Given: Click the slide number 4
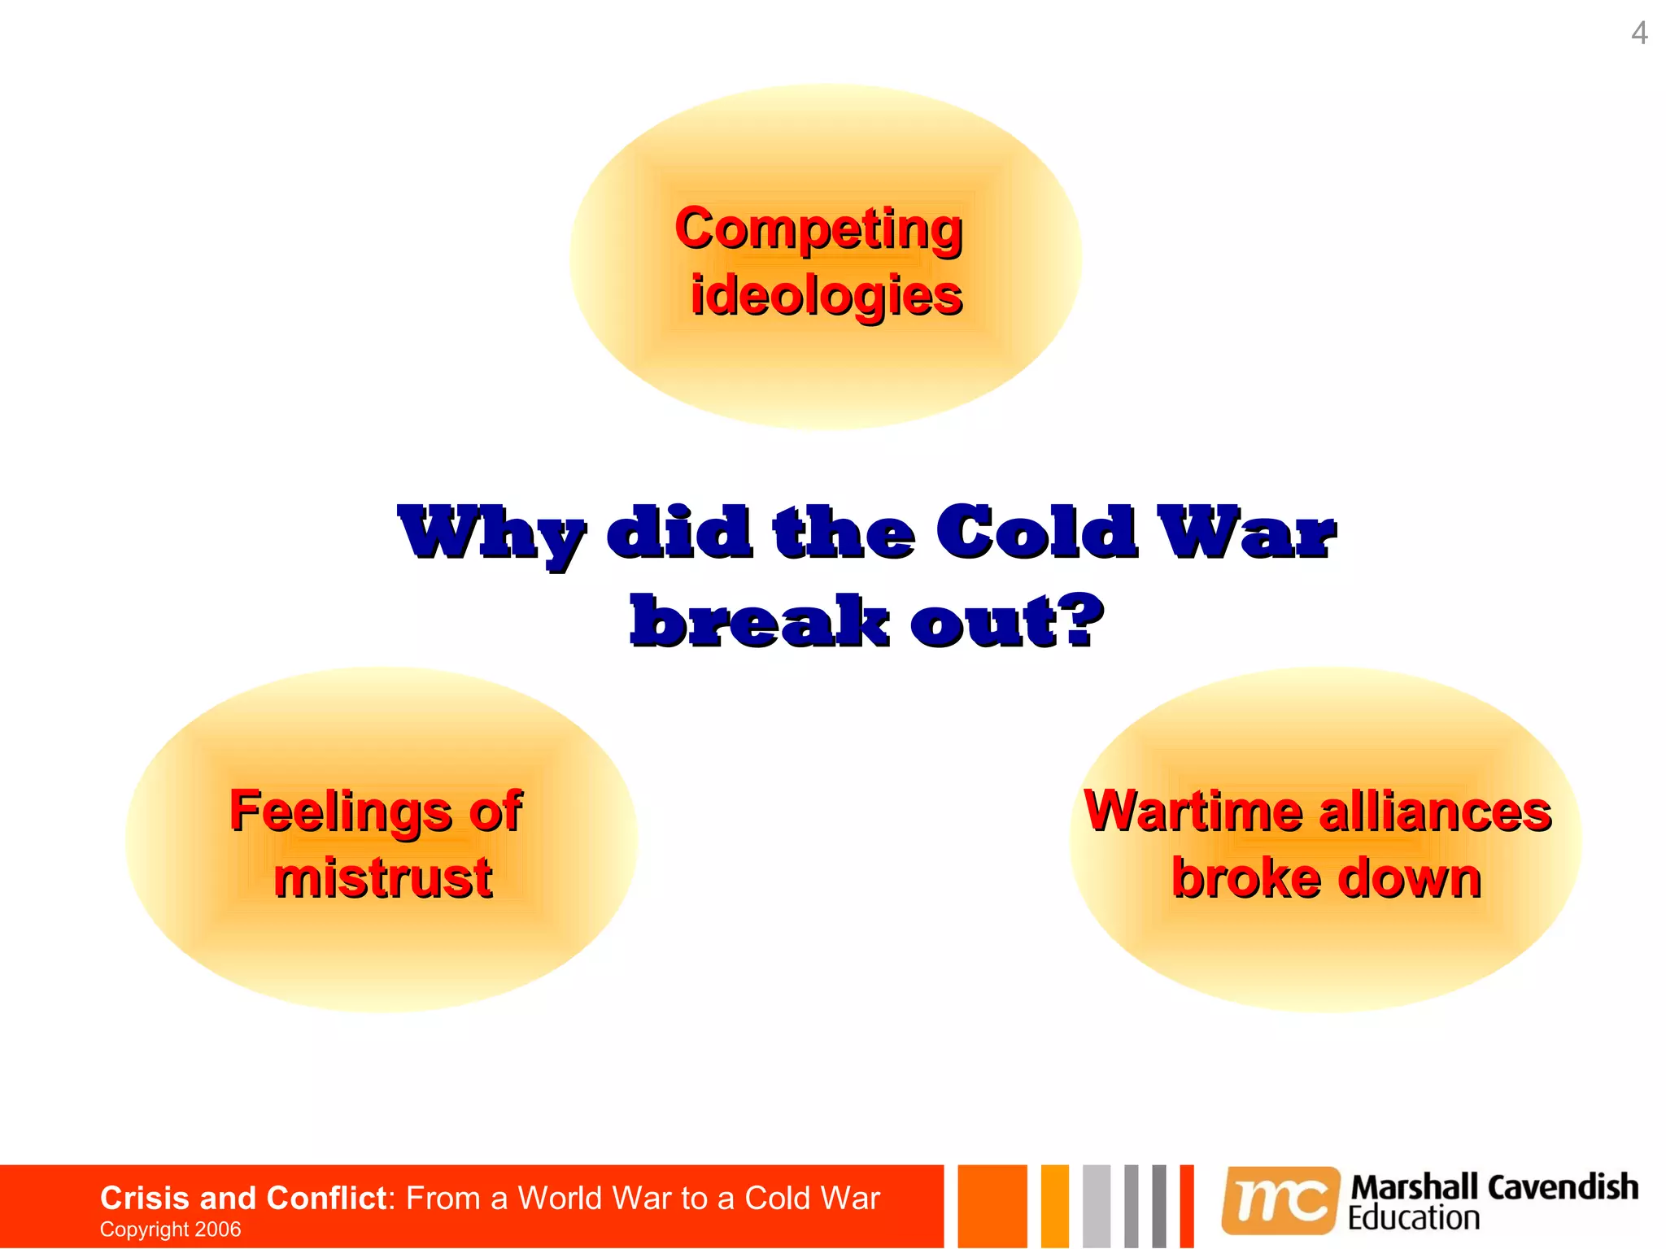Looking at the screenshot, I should (x=1639, y=33).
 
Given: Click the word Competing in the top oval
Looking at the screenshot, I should (x=818, y=228).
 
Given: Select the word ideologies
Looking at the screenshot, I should (x=826, y=294).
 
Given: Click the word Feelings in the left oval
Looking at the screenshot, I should (x=340, y=811).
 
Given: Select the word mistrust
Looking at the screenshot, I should (x=382, y=877).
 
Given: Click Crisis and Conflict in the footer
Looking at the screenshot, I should (x=242, y=1198).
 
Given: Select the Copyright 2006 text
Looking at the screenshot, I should (x=170, y=1229).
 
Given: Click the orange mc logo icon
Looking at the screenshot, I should (x=1280, y=1200).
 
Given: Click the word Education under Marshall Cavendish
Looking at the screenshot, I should (x=1413, y=1218).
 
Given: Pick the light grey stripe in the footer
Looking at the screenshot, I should (x=1096, y=1206).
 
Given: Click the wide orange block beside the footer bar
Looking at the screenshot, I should (x=992, y=1206).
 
